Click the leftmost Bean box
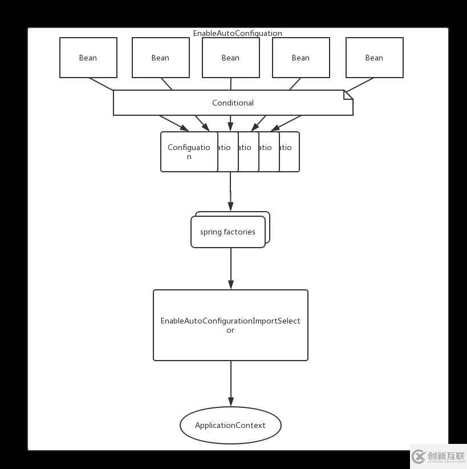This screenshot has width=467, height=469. (x=88, y=58)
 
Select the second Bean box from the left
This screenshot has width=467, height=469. (x=160, y=58)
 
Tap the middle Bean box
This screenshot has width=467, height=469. (x=230, y=58)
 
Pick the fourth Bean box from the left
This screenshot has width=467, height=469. (x=300, y=58)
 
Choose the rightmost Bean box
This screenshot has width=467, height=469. (x=374, y=58)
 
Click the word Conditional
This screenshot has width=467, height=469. (x=233, y=103)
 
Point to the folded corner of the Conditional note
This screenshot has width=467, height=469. (x=348, y=94)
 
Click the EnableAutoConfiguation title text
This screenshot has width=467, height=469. (x=237, y=33)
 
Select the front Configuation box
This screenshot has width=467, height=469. (x=189, y=151)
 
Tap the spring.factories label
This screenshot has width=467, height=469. (x=228, y=232)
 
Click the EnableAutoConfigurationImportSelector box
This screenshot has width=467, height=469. (x=230, y=325)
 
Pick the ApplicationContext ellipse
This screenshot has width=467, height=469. (x=230, y=425)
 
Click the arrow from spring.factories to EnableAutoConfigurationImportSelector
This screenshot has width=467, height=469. (x=231, y=268)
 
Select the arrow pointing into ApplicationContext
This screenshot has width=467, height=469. (x=231, y=383)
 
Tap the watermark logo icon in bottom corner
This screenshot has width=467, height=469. (x=419, y=456)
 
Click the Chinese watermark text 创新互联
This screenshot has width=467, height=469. (x=446, y=455)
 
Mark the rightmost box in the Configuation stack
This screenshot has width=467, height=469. (x=294, y=152)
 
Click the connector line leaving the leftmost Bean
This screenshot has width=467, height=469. (x=101, y=84)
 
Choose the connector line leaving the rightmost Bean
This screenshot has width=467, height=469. (x=360, y=84)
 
